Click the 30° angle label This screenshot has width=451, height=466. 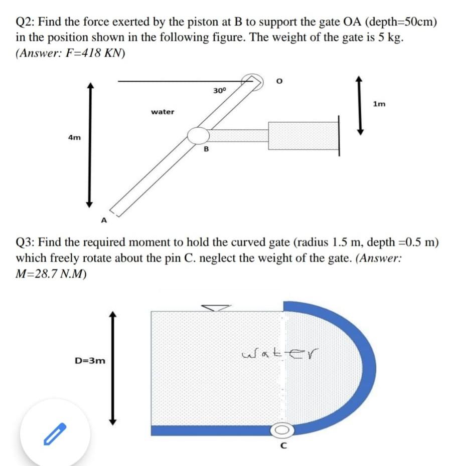click(x=220, y=91)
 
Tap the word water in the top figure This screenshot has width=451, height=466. click(x=163, y=112)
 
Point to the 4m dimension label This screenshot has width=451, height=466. click(x=74, y=137)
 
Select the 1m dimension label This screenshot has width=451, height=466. click(x=380, y=104)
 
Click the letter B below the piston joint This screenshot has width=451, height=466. click(x=206, y=149)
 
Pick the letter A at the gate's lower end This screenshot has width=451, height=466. click(x=104, y=220)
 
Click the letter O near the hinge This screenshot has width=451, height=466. click(x=280, y=80)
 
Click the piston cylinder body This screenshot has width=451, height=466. click(x=303, y=135)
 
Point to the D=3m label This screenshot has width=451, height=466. click(x=90, y=360)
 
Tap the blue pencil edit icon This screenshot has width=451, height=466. click(x=55, y=434)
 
